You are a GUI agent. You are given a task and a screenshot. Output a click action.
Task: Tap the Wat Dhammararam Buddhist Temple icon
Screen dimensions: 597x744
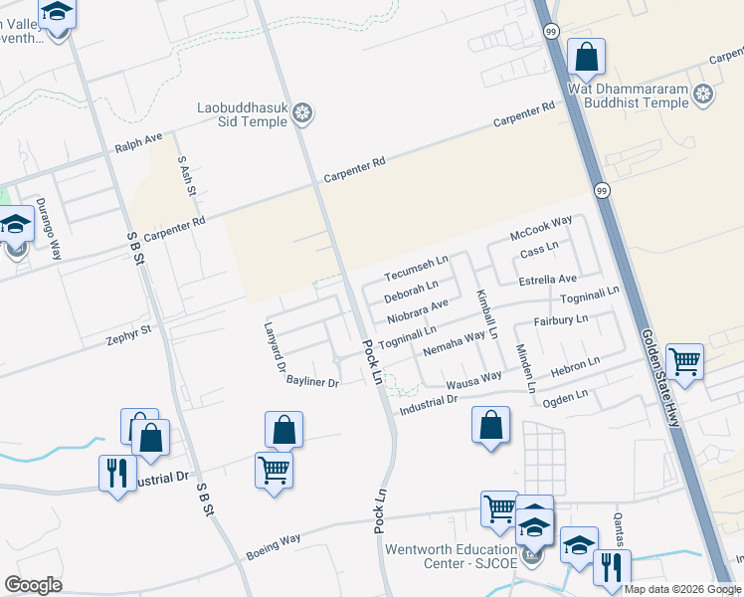click(704, 95)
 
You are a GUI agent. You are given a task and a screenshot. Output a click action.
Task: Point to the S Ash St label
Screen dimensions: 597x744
click(185, 176)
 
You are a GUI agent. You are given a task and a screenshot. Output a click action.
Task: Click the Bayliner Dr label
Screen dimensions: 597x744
click(313, 382)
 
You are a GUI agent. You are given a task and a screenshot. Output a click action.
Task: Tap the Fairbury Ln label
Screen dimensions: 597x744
click(561, 320)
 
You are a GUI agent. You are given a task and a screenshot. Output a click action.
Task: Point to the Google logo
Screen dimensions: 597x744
click(34, 585)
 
